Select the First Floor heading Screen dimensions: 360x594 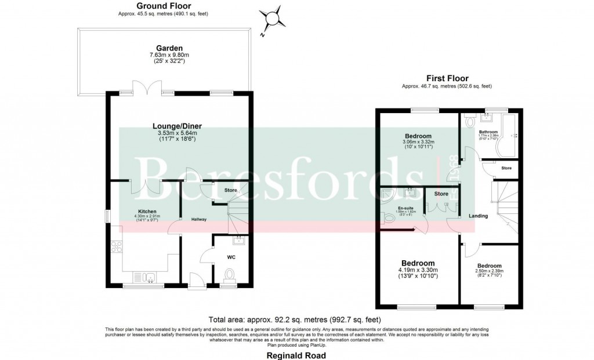pos(447,78)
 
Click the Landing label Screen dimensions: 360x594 pos(478,216)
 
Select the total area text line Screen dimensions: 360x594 pos(296,319)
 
